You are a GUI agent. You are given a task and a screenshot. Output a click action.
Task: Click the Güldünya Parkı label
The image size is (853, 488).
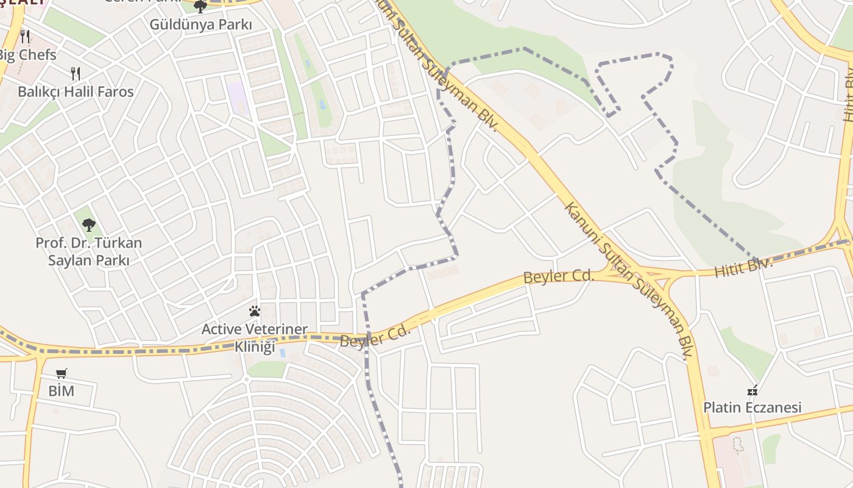tap(200, 24)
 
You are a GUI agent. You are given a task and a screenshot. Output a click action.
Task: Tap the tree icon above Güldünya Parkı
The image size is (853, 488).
tap(200, 7)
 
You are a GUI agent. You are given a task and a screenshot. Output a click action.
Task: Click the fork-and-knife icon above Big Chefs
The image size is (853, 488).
tap(25, 36)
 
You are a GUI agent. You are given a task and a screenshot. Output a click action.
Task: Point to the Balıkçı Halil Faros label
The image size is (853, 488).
tap(76, 92)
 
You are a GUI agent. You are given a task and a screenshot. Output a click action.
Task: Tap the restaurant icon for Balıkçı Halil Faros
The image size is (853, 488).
tap(76, 74)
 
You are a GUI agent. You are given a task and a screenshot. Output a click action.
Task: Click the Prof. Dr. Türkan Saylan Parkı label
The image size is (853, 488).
tap(88, 251)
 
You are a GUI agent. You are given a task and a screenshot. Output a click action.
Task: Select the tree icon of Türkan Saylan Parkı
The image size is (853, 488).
tap(89, 225)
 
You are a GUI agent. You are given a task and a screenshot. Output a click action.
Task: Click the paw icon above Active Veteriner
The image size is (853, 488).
tap(255, 312)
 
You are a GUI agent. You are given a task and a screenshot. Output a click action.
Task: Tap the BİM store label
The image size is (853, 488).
tap(61, 391)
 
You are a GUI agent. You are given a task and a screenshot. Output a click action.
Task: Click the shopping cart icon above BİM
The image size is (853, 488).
tap(61, 373)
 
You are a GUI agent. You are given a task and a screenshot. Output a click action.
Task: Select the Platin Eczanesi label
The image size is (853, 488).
tap(752, 407)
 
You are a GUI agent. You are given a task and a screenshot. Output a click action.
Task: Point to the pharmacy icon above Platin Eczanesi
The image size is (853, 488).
tap(752, 390)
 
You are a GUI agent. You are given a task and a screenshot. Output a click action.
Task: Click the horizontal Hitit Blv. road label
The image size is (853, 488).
tap(743, 267)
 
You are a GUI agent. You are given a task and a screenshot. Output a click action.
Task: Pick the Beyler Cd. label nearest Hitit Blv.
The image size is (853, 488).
tap(559, 276)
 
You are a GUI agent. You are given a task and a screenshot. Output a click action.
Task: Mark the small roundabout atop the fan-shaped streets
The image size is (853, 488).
tap(246, 379)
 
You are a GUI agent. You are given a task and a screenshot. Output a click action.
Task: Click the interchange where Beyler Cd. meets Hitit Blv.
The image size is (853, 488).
tap(640, 273)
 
